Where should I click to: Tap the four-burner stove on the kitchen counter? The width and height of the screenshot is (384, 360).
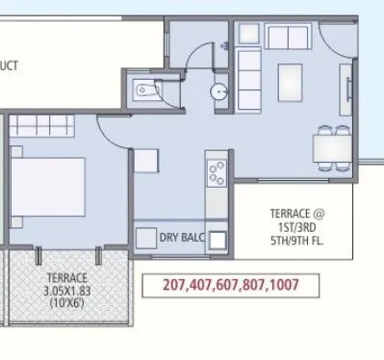pyautogui.click(x=215, y=175)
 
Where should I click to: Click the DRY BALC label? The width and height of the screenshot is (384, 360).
pyautogui.click(x=182, y=237)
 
